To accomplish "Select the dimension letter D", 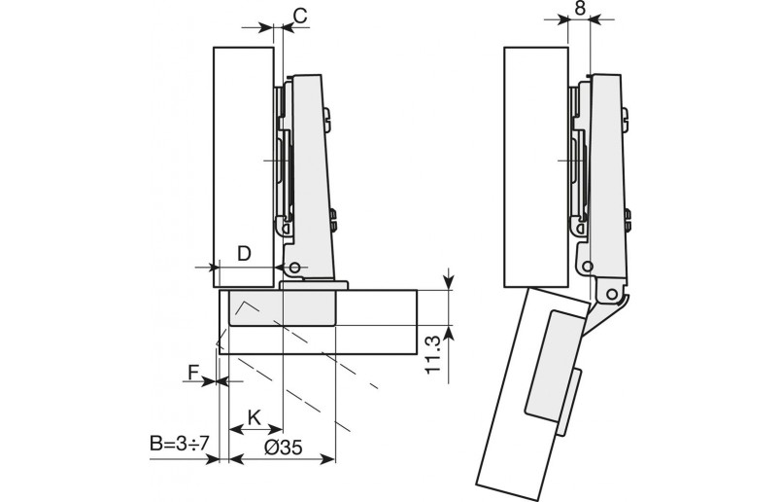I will (245, 253).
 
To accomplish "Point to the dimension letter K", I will (254, 416).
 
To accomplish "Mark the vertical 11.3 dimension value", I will (434, 350).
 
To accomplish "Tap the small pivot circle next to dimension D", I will (293, 267).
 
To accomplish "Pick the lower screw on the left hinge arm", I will (334, 221).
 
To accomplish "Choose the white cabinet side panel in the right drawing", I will (536, 165).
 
